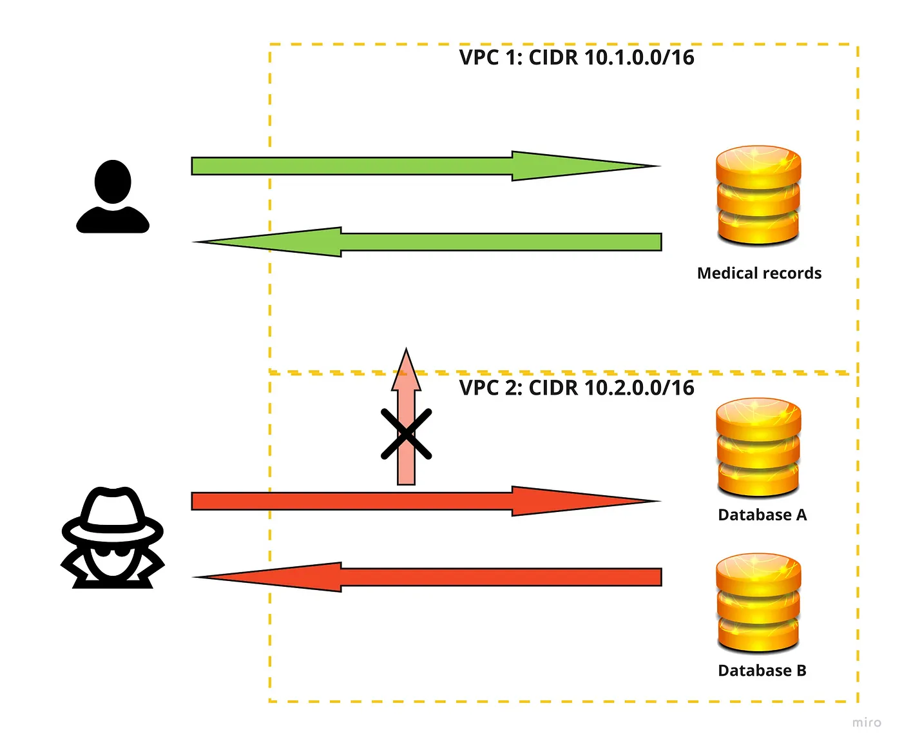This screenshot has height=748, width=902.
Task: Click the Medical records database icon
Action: tap(758, 195)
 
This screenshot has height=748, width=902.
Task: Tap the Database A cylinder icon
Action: tap(758, 447)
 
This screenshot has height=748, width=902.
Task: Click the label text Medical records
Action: tap(759, 273)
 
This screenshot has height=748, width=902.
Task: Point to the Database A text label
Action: tap(762, 515)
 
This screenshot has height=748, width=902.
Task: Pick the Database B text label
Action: tap(762, 671)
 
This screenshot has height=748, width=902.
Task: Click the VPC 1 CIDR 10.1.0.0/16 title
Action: tap(577, 57)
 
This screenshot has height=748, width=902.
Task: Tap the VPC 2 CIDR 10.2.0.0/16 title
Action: tap(577, 388)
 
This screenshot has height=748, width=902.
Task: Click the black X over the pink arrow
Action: tap(406, 434)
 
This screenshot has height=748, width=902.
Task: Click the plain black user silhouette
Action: tap(113, 197)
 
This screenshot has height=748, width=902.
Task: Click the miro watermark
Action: tap(867, 722)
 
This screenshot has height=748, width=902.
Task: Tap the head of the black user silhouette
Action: tap(113, 181)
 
